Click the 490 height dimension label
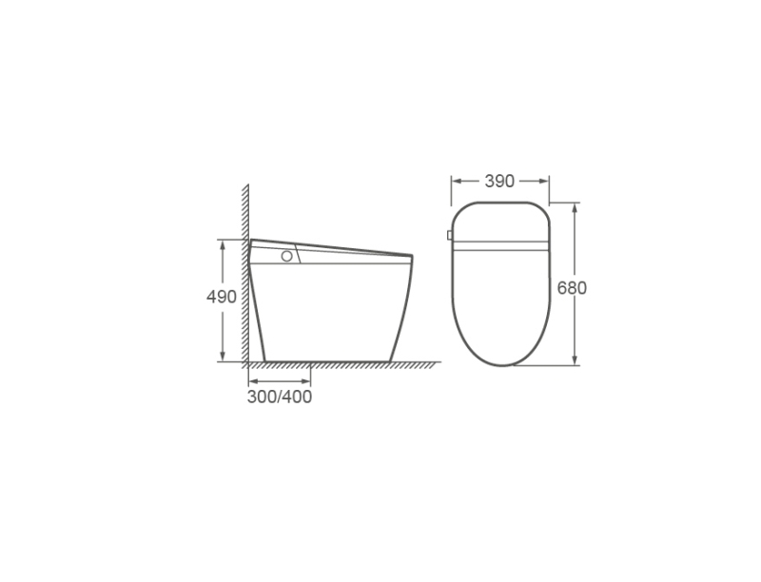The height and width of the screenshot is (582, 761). click(222, 297)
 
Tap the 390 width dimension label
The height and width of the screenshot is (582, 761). click(499, 181)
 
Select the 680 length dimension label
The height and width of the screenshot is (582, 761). click(572, 288)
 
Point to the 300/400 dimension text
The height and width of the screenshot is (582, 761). click(280, 397)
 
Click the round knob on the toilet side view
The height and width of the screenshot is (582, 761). click(287, 256)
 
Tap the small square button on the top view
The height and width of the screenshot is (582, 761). click(449, 235)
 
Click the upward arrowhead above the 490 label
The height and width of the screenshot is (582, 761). click(223, 245)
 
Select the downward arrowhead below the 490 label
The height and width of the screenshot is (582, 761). click(223, 356)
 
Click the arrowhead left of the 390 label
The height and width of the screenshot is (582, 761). click(458, 181)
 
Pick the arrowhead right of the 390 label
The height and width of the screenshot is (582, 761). click(543, 181)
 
